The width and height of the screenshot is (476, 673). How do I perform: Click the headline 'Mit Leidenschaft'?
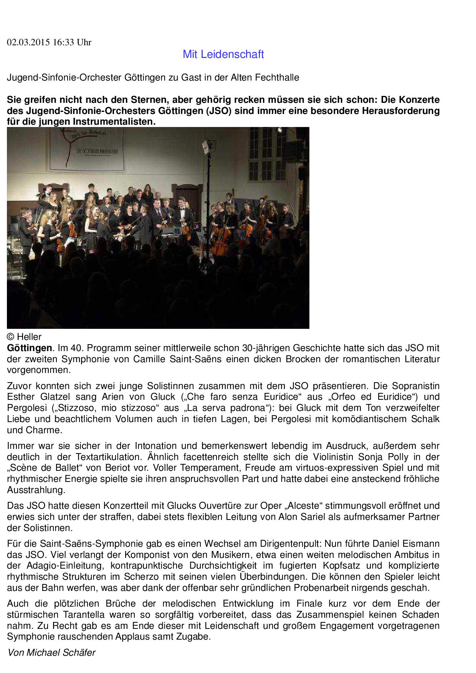pyautogui.click(x=223, y=54)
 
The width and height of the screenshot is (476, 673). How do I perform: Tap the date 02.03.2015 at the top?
pyautogui.click(x=28, y=43)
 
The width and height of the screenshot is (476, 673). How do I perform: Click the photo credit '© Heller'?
pyautogui.click(x=24, y=337)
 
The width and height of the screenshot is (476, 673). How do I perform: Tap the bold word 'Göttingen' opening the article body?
pyautogui.click(x=29, y=348)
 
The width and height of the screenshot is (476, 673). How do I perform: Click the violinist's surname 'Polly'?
pyautogui.click(x=398, y=457)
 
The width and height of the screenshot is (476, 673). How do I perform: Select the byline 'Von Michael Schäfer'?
pyautogui.click(x=51, y=653)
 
